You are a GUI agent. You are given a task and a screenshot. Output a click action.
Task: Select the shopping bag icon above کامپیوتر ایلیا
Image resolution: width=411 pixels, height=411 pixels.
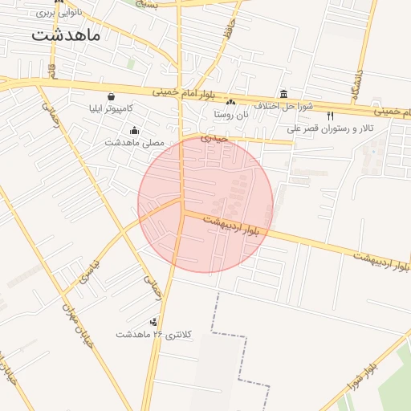[x=111, y=96]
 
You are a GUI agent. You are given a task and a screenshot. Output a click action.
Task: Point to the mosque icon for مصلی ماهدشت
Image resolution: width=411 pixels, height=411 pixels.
[x=134, y=131]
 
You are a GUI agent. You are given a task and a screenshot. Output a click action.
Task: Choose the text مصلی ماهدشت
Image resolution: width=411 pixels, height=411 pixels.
[x=134, y=142]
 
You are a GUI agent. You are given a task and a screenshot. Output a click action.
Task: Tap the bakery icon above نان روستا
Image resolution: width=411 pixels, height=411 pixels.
[x=230, y=102]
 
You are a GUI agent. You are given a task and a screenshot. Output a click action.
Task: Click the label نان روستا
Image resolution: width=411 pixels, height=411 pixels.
[x=231, y=114]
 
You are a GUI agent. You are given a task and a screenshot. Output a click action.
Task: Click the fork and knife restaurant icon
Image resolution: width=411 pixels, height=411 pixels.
[x=331, y=116]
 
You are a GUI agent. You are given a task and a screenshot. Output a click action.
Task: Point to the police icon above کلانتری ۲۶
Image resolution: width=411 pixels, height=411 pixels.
[x=154, y=322]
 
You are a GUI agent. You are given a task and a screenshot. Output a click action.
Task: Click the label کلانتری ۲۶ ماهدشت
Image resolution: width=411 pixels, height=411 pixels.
[x=154, y=334]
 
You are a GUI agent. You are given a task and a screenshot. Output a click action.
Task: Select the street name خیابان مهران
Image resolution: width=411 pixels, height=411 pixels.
[x=79, y=330]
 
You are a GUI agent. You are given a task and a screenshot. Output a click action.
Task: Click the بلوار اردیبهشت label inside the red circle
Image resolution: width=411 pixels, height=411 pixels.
[x=231, y=225]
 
